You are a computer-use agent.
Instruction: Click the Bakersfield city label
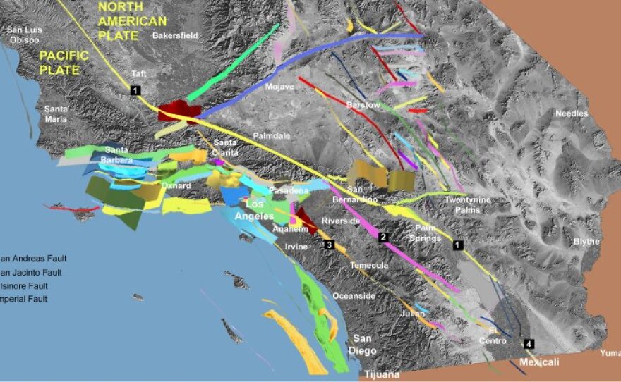tap(176, 35)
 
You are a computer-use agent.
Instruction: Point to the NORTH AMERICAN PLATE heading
tap(133, 21)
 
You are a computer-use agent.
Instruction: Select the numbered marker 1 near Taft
tap(135, 90)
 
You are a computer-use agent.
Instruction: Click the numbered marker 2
tap(383, 237)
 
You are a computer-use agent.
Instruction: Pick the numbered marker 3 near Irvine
tap(328, 245)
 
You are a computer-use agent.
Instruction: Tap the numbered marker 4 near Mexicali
tap(529, 344)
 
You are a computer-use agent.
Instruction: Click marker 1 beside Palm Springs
tap(457, 245)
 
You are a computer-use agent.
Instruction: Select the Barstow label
tap(363, 105)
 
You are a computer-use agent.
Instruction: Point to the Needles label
tap(571, 113)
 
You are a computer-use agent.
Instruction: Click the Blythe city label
tap(586, 242)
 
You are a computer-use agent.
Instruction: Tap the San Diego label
tap(366, 344)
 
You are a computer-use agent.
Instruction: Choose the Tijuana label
tap(382, 374)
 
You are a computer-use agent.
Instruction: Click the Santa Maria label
tap(56, 114)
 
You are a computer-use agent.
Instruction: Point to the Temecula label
tap(369, 265)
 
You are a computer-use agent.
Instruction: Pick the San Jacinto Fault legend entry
tap(32, 272)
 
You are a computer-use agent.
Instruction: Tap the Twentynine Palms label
tap(467, 205)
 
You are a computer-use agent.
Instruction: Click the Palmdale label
tap(272, 135)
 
